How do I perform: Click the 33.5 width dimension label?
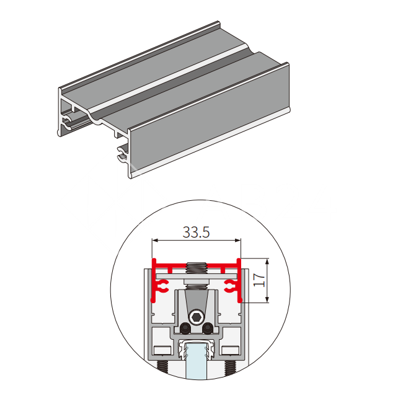[x=196, y=232]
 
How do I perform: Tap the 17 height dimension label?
[x=259, y=280]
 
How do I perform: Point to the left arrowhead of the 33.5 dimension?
[x=155, y=241]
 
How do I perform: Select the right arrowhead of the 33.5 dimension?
[x=238, y=241]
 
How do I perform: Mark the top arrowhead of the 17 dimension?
[x=267, y=262]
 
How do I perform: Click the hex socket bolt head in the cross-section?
[x=197, y=317]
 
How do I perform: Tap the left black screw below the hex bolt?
[x=185, y=329]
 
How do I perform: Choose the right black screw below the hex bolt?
[x=208, y=329]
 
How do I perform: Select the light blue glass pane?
[x=196, y=360]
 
